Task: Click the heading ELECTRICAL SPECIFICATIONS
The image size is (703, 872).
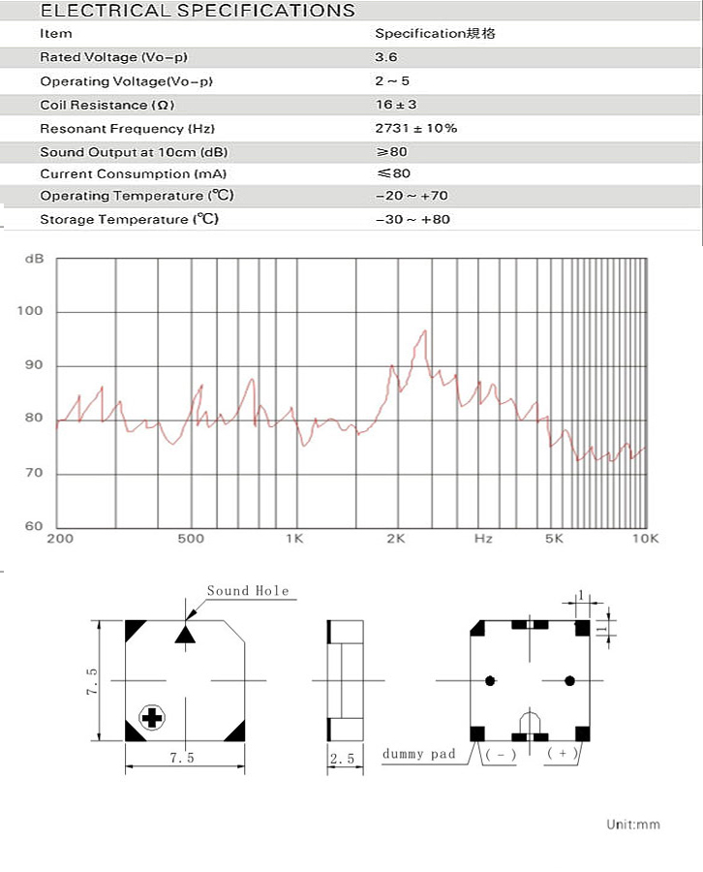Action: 198,11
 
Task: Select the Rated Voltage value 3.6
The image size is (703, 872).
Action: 387,57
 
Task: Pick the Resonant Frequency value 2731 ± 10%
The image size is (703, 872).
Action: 416,128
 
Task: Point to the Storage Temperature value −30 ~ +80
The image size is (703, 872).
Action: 413,220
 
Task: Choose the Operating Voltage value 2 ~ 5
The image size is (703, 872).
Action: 392,81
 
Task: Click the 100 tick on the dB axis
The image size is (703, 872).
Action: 31,312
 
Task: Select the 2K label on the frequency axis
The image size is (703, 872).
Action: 394,539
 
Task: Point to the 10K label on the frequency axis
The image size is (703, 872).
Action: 645,539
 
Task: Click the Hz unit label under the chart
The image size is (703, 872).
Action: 483,539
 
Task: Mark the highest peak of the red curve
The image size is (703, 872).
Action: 424,332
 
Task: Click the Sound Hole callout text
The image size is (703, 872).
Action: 247,591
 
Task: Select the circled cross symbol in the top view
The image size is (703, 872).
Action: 152,717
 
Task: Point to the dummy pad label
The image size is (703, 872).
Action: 419,754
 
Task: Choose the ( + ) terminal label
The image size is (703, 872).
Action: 563,753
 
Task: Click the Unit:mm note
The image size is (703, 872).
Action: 632,825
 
